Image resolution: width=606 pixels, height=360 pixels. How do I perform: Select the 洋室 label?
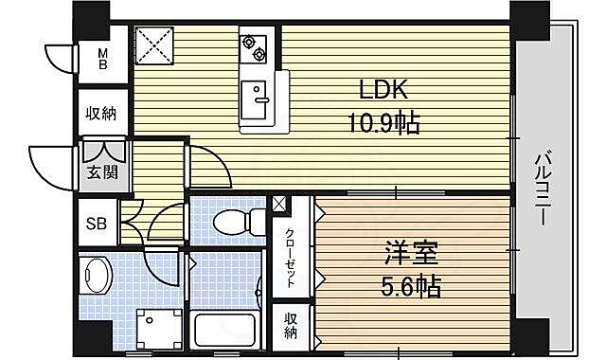[408, 255]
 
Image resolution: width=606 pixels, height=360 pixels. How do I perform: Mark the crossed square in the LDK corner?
[153, 44]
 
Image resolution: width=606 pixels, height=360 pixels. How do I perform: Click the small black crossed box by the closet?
[279, 203]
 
